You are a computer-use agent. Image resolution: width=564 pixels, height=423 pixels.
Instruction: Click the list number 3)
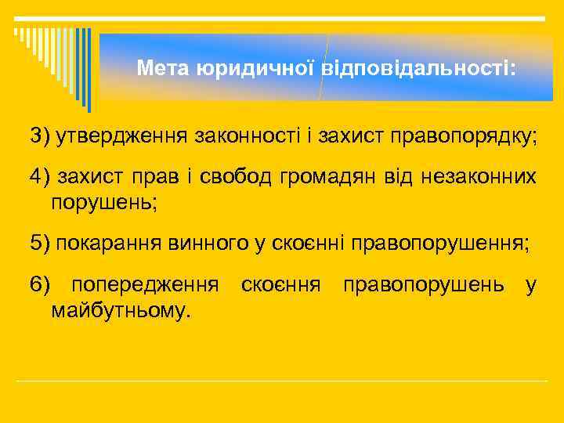pyautogui.click(x=40, y=136)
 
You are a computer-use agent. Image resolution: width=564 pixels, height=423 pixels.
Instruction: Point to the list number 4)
pyautogui.click(x=40, y=179)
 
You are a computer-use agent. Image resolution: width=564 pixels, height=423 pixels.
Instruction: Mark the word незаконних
pyautogui.click(x=487, y=179)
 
